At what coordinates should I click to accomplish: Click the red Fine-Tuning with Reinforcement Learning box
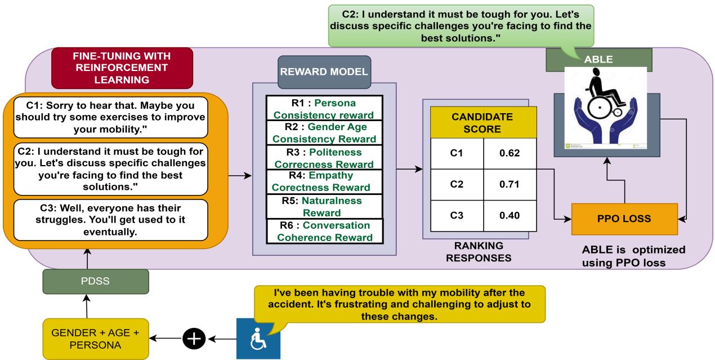point(122,66)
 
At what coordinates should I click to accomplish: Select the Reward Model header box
point(324,72)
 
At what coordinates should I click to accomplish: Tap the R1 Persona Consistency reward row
point(324,109)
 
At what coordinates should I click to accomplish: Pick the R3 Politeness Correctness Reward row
point(324,158)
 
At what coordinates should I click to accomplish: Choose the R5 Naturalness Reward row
point(324,207)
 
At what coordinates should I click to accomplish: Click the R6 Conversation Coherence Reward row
point(324,231)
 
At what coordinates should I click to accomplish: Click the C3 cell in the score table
point(457,215)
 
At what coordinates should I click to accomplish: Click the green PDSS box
point(96,281)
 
